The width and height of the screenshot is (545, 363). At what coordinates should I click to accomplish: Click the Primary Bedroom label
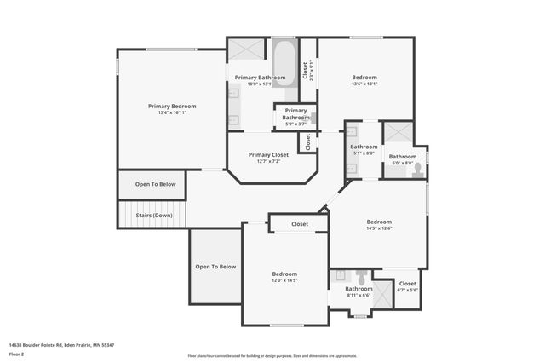(172, 107)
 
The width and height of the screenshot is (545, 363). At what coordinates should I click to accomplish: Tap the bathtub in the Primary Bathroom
(284, 60)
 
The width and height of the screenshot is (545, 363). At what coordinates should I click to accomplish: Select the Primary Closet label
(268, 155)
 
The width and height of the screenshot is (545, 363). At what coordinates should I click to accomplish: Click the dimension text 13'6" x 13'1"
(364, 84)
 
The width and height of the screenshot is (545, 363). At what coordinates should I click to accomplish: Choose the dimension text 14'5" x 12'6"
(379, 228)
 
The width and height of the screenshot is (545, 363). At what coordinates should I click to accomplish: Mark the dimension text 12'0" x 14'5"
(284, 280)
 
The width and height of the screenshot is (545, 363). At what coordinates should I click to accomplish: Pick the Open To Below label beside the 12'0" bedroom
(215, 267)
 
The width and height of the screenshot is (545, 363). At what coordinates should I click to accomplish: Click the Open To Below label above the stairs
(155, 184)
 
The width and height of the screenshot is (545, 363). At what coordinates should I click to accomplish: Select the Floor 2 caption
(16, 353)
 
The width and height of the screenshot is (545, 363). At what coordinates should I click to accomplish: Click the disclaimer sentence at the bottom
(272, 356)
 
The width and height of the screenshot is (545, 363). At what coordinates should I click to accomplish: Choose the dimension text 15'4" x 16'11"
(172, 112)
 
